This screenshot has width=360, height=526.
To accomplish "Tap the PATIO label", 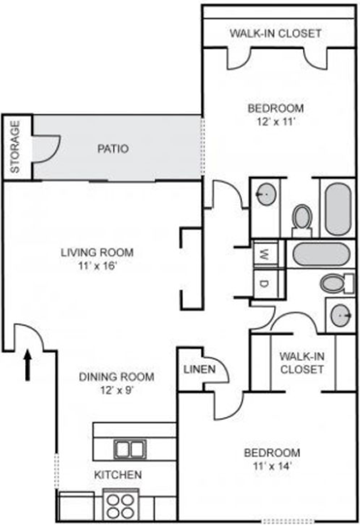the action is coord(113,149).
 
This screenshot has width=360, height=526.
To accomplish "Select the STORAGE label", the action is coord(15,147).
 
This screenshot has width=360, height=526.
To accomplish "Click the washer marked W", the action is coord(265,254).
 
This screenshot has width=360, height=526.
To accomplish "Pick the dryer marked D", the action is coord(265,284).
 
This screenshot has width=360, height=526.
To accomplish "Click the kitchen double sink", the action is coord(129,449).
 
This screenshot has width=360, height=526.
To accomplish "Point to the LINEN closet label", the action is coord(200,370).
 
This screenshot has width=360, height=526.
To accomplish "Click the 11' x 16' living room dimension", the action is coord(97,267).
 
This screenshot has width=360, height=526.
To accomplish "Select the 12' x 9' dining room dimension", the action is coord(117,391).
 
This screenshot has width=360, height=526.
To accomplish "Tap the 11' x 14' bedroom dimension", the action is coord(272,466).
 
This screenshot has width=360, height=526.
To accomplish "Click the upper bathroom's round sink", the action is coord(267,194).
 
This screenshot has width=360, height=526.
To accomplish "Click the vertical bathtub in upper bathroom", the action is coord(338,209).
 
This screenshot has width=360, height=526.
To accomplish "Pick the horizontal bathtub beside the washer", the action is coord(321,254).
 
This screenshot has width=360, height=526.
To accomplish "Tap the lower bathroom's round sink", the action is coord(341,316).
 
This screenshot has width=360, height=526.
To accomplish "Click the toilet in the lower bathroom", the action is coord(337,284).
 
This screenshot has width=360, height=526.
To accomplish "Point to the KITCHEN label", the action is coord(118,475).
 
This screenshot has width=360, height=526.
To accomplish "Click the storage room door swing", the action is coord(47,149).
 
